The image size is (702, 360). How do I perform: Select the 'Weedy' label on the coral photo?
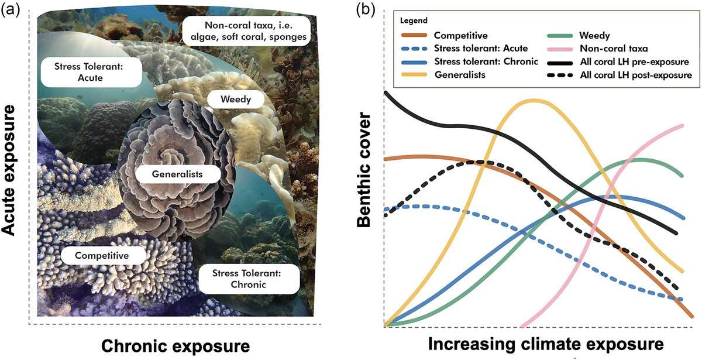236,99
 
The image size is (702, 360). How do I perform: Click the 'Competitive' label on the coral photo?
102,255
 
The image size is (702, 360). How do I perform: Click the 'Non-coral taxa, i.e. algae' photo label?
245,32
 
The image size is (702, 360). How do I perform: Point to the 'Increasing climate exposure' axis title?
546,343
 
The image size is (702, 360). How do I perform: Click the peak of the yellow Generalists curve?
534,100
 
